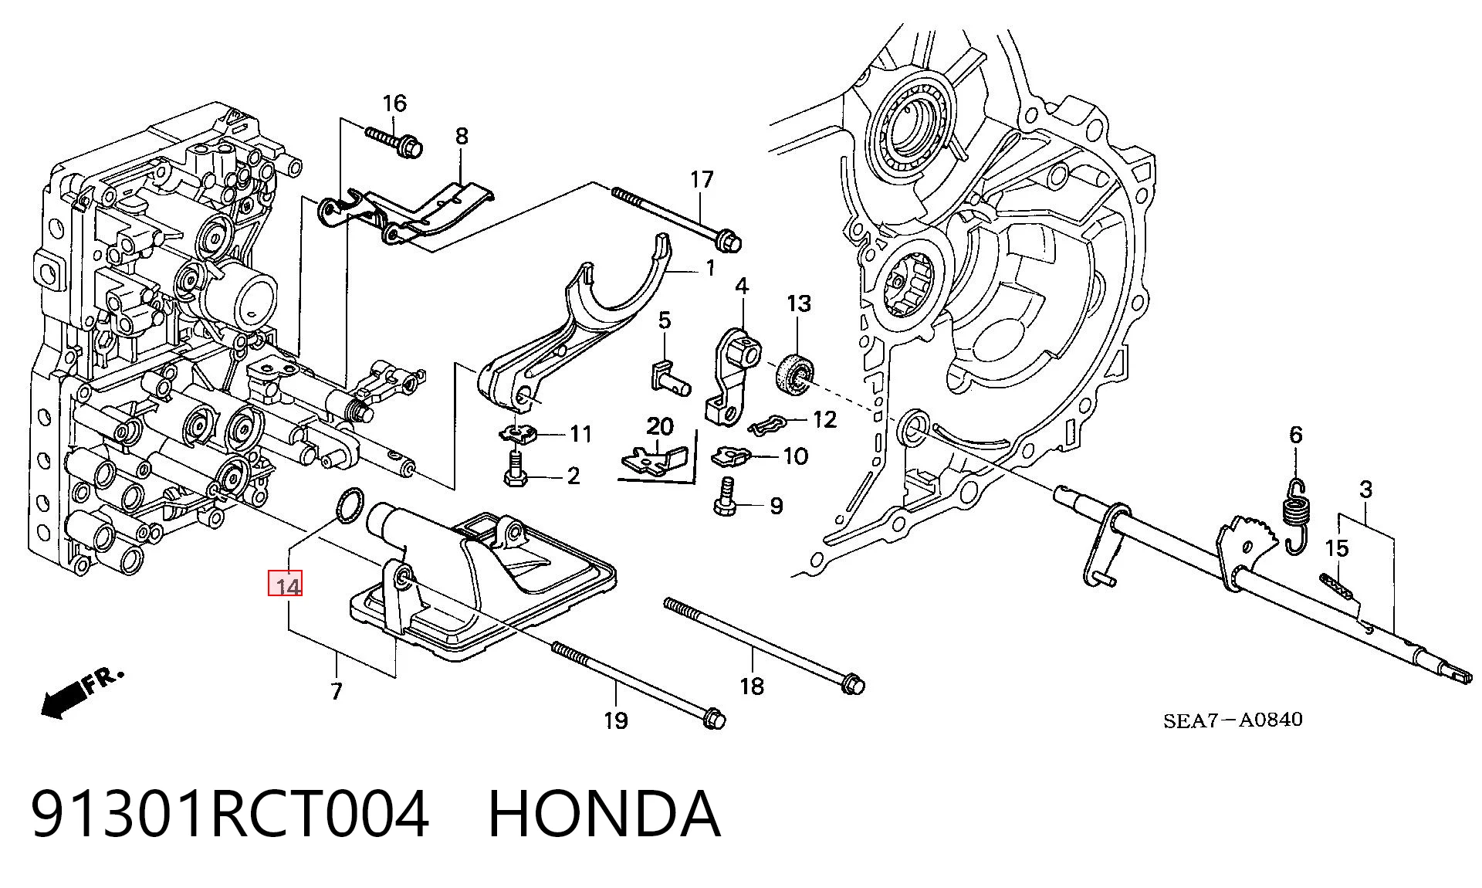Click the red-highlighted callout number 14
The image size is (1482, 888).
(285, 585)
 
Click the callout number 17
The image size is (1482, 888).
(702, 180)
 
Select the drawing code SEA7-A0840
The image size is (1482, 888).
(1233, 720)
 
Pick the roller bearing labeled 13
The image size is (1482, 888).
(793, 375)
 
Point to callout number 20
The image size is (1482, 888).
(660, 426)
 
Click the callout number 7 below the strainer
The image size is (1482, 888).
(336, 691)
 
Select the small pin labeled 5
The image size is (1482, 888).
(668, 375)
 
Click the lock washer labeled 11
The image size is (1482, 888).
(518, 434)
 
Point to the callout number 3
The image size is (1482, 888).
(1365, 489)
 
